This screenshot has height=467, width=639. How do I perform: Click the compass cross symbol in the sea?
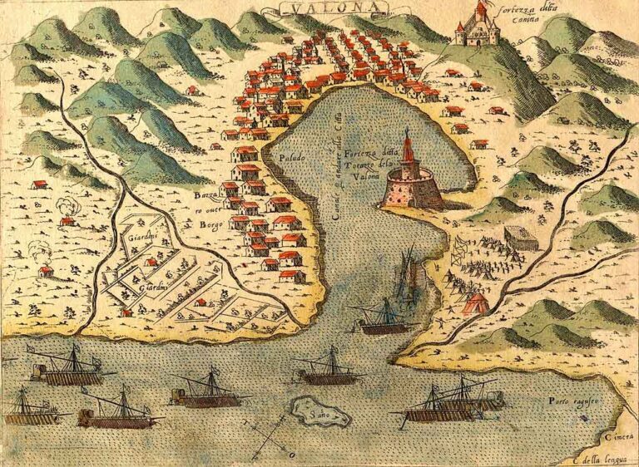pyautogui.click(x=270, y=436)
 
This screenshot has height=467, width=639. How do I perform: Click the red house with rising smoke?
pyautogui.click(x=67, y=220)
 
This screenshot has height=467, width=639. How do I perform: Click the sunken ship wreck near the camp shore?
pyautogui.click(x=409, y=274)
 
